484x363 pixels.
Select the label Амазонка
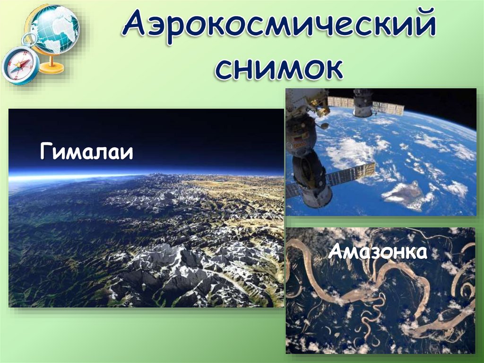[378, 251]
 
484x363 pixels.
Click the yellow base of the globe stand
[52, 68]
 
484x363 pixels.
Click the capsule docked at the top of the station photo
[363, 102]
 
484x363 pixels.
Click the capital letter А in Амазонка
[335, 252]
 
